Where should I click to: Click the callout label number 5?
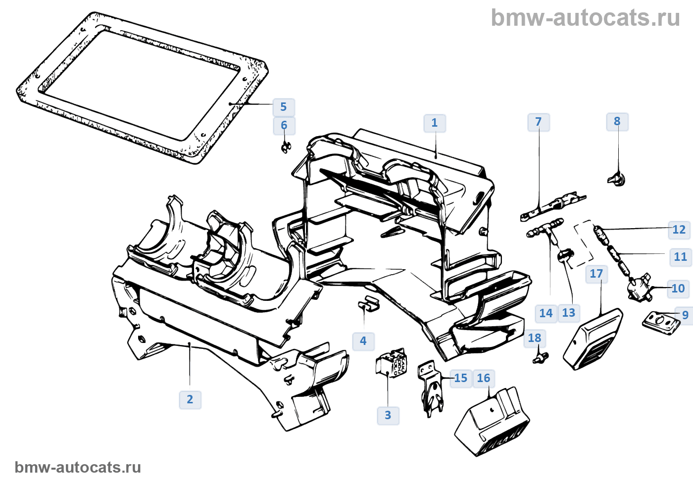[x=284, y=107]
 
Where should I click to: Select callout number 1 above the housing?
[x=435, y=123]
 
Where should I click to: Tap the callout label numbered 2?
[x=190, y=399]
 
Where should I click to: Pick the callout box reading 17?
[x=596, y=274]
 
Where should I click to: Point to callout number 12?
[x=679, y=230]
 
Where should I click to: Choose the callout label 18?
[x=535, y=338]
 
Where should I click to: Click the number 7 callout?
[x=539, y=122]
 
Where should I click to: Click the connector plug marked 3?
[x=392, y=365]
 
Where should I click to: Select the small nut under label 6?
[x=286, y=146]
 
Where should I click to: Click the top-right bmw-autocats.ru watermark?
[x=585, y=18]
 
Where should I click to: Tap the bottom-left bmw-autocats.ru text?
[x=78, y=467]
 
